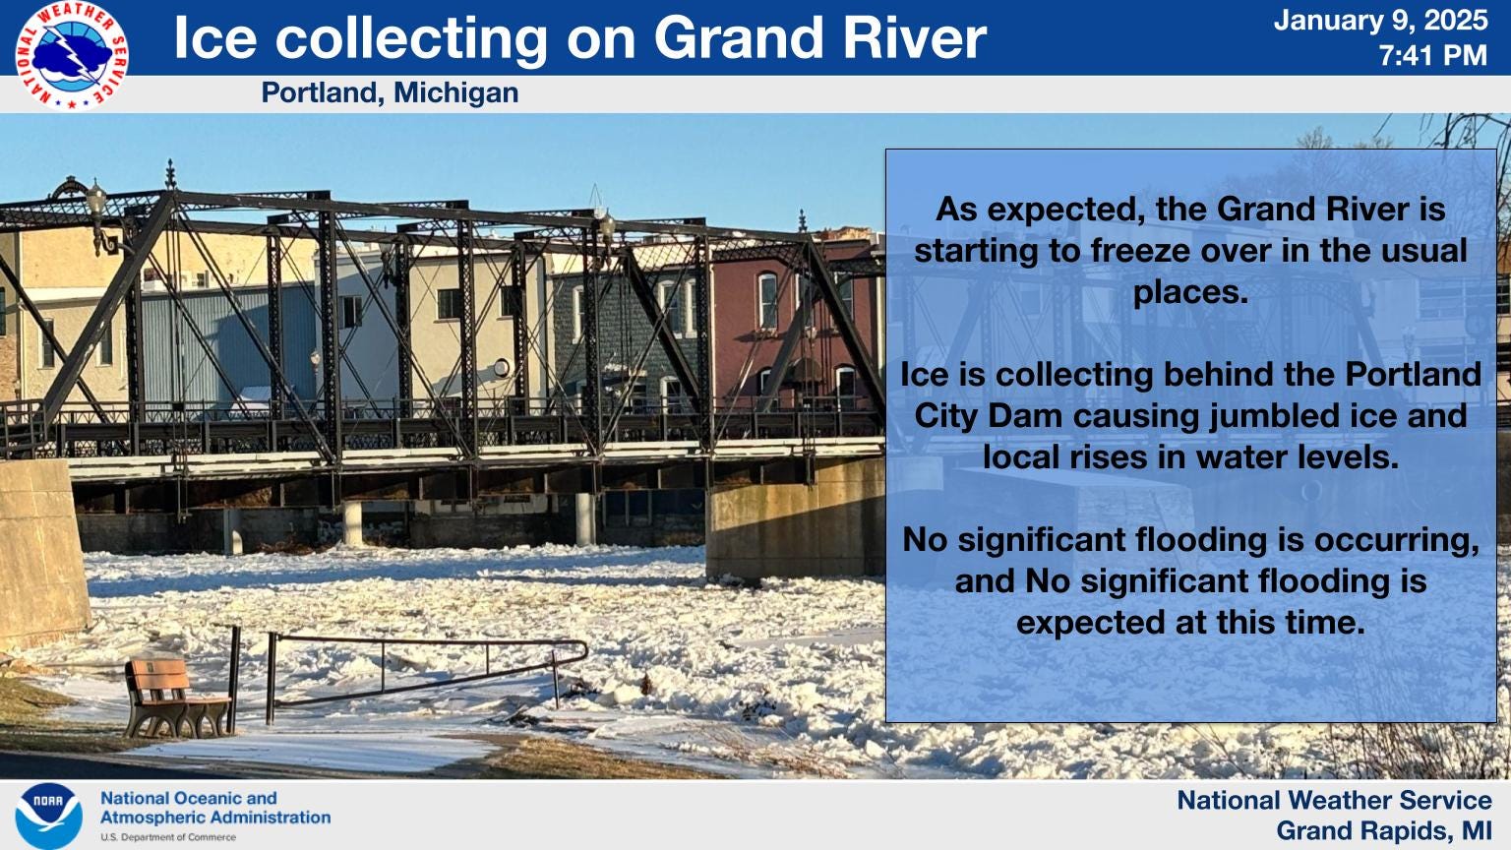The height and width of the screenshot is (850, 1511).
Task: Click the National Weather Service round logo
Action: pyautogui.click(x=72, y=55)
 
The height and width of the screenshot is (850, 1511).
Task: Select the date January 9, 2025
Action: pyautogui.click(x=1380, y=21)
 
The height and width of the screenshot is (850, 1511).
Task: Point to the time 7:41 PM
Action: pyautogui.click(x=1432, y=55)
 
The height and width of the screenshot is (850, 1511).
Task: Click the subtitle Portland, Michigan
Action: pyautogui.click(x=390, y=93)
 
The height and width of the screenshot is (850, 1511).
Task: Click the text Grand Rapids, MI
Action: pyautogui.click(x=1384, y=830)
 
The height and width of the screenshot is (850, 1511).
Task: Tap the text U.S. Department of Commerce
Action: pyautogui.click(x=168, y=837)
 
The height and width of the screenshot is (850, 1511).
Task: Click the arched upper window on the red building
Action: pyautogui.click(x=767, y=299)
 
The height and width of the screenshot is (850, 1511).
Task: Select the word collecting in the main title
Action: pyautogui.click(x=411, y=38)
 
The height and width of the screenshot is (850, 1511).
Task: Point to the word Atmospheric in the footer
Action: pyautogui.click(x=155, y=818)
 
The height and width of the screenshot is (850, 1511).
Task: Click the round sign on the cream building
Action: pyautogui.click(x=502, y=368)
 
